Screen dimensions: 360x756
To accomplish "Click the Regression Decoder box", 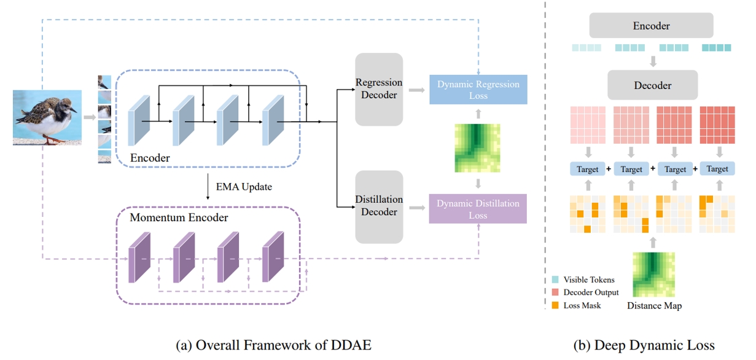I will (379, 88).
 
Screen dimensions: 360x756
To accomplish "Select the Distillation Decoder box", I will (379, 206).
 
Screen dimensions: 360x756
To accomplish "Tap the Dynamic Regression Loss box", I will (478, 90).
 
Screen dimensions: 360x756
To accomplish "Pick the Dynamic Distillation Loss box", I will (478, 209).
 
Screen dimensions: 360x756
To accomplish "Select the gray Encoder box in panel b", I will (651, 26).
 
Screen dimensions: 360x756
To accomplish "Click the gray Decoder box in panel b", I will (652, 85).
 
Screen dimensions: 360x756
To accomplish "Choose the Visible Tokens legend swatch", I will (555, 280).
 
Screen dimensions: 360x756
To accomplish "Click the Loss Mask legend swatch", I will (555, 304).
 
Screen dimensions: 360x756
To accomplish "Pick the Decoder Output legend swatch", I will (555, 292).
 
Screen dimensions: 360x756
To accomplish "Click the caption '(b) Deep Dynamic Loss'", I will (644, 345).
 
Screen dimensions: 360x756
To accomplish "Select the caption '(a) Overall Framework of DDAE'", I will (273, 345).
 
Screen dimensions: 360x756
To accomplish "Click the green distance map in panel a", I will (477, 148).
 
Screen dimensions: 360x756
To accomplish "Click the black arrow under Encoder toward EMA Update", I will (208, 187).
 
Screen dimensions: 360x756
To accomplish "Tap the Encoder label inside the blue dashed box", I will (150, 158).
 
